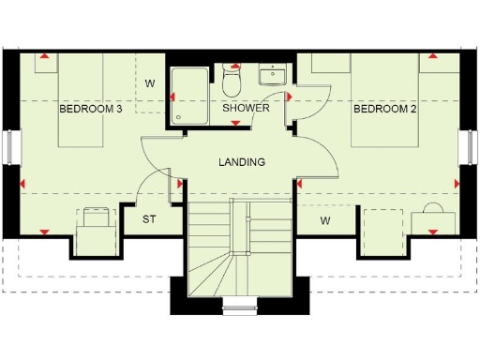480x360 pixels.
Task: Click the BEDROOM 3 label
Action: [91, 109]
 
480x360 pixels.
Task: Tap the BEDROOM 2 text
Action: [385, 109]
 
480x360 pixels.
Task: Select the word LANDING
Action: [242, 162]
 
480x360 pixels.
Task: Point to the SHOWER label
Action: [246, 108]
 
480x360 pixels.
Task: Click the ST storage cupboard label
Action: [148, 220]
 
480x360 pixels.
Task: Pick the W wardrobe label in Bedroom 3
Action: [149, 83]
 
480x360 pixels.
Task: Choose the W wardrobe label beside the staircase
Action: [324, 221]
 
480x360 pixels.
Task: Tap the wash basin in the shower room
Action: [273, 73]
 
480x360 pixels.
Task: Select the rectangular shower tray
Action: [191, 94]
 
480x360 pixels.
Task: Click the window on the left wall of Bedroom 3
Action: [12, 146]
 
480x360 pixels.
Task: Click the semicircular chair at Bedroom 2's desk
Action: [432, 208]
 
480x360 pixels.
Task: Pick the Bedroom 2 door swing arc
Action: [319, 155]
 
